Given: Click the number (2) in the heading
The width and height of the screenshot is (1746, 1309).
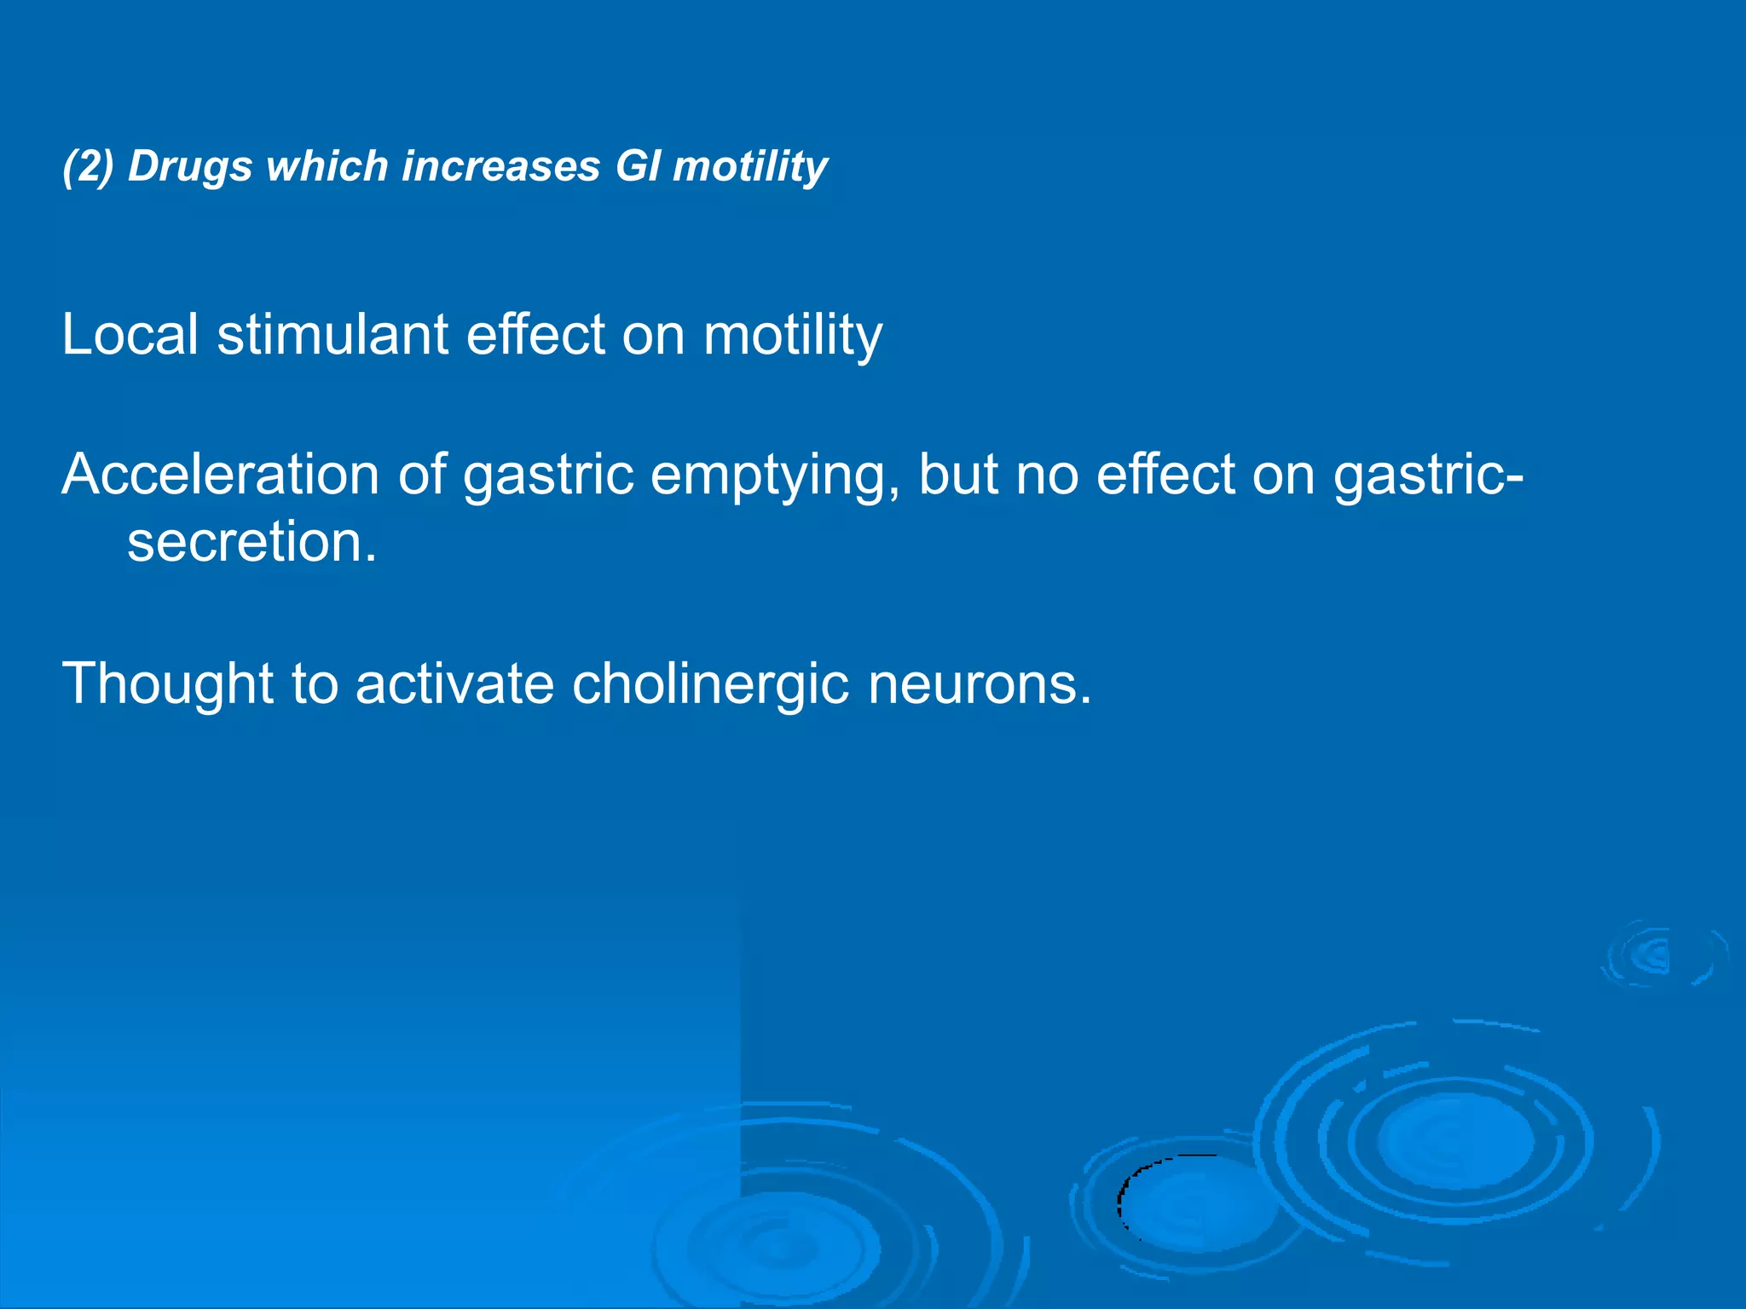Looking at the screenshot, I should pyautogui.click(x=88, y=166).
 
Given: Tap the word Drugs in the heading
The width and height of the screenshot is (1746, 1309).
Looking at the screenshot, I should pyautogui.click(x=189, y=166).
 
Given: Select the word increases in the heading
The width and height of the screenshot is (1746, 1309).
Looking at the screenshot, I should pyautogui.click(x=500, y=166).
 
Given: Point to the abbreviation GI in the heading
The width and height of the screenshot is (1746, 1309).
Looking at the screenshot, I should pyautogui.click(x=638, y=166).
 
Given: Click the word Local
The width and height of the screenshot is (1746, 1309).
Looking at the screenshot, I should pyautogui.click(x=130, y=334).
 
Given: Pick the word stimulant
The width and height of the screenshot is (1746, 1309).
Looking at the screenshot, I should pyautogui.click(x=332, y=334).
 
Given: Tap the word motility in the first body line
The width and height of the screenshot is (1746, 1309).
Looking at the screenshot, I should pyautogui.click(x=792, y=336).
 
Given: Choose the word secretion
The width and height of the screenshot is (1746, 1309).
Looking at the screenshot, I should pyautogui.click(x=251, y=542).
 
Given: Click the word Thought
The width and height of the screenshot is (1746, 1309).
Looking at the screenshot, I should pyautogui.click(x=167, y=684).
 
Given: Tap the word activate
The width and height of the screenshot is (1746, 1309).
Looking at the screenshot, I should pyautogui.click(x=454, y=684).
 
